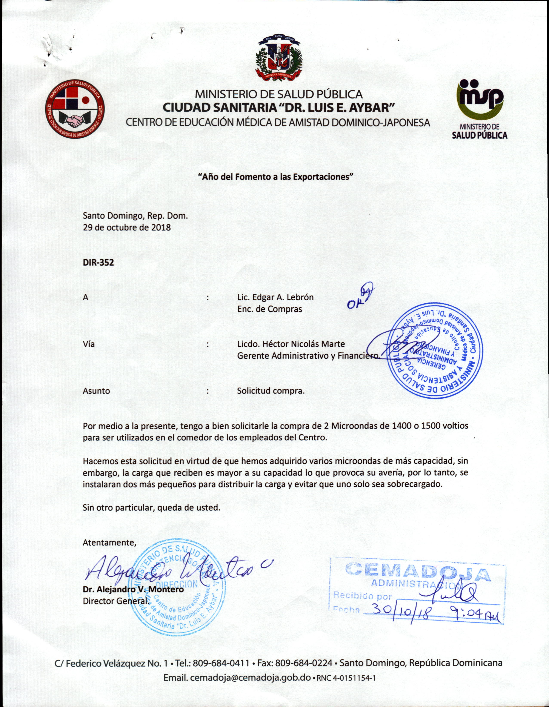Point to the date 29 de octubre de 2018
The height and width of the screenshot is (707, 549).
pos(127,227)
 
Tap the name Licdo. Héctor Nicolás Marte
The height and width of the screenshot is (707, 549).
pos(291,344)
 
